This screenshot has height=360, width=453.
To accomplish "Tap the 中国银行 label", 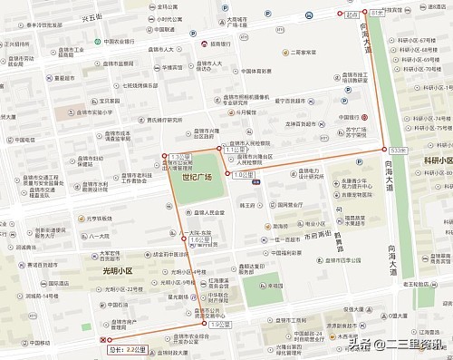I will (x=351, y=117).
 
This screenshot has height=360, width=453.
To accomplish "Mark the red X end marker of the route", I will (x=101, y=339).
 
